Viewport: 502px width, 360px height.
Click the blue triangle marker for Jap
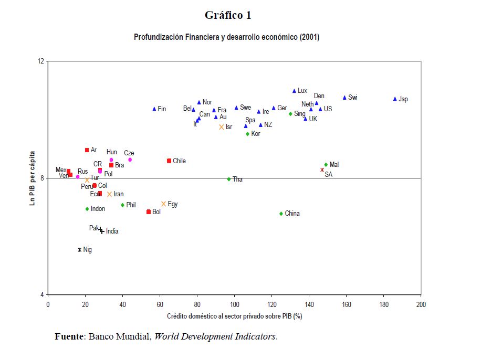coord(395,99)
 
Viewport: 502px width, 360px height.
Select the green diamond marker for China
coord(281,214)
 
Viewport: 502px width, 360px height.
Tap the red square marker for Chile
coord(169,161)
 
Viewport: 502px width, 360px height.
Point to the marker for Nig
coord(80,250)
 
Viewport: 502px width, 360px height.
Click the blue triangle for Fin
coord(154,109)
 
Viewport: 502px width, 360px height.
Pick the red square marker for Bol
coord(149,211)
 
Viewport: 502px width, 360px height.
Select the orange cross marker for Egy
coord(163,204)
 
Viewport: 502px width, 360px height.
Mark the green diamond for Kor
coord(247,134)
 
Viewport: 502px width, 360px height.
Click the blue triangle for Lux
coord(294,91)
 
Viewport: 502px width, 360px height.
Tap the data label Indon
coord(98,209)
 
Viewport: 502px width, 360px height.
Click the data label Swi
coord(353,98)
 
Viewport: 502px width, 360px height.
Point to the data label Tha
coord(237,179)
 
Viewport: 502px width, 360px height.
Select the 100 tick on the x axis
coord(234,304)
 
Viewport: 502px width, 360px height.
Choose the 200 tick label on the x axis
coord(421,304)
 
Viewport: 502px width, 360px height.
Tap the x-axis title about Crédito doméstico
coord(234,316)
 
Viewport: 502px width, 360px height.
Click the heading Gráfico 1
coord(228,15)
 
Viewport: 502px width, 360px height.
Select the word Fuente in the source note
coord(69,336)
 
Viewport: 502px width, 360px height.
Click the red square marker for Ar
coord(87,150)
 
